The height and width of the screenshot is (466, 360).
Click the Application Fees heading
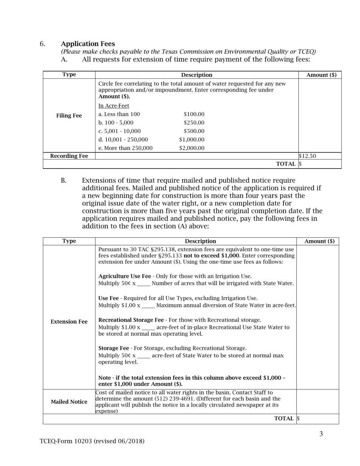coord(88,44)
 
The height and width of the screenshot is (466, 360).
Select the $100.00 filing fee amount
coord(194,114)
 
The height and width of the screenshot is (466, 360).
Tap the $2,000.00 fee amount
coord(192,148)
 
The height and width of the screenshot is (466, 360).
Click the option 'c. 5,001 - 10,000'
coord(119,131)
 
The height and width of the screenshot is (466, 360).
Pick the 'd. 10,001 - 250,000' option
coord(123,139)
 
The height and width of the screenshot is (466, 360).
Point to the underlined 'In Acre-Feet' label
coord(114,106)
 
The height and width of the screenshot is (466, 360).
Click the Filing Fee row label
coord(69,116)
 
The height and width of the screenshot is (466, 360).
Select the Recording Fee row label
coord(69,156)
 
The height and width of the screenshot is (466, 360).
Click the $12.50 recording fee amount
coord(307,156)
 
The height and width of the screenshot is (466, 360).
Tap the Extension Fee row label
coord(69,322)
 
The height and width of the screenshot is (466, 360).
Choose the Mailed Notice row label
coord(69,402)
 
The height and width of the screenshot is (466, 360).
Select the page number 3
coord(321,434)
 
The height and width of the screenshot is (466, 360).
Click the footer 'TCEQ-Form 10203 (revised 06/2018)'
coord(92,441)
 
